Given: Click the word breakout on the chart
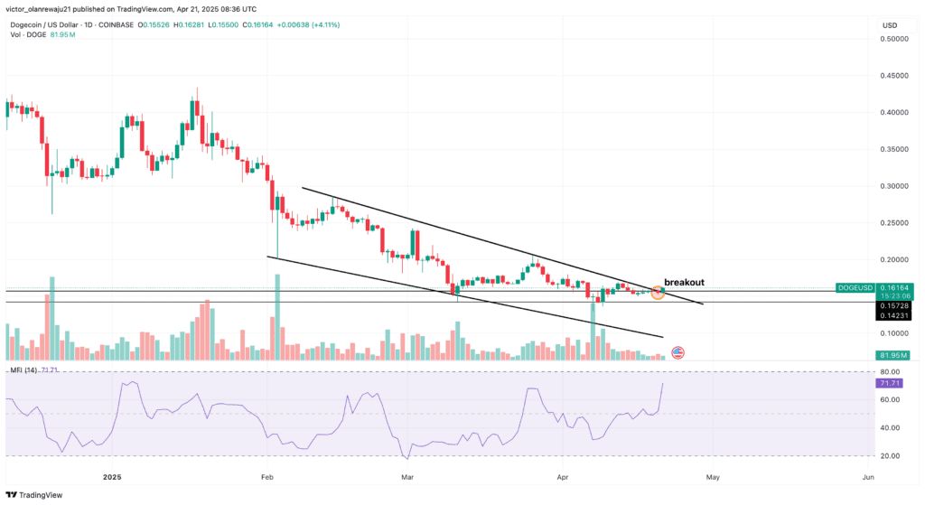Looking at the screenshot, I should click(684, 282).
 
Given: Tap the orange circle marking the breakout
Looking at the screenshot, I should click(658, 292).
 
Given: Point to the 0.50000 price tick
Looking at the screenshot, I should click(895, 39).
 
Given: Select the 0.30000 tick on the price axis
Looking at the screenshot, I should click(895, 186).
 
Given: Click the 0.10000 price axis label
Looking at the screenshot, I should click(895, 333).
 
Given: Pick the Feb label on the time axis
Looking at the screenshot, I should click(266, 476).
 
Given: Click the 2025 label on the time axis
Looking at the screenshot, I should click(112, 476).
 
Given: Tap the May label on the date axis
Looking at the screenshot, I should click(712, 476).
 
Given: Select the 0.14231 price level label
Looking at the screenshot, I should click(894, 315).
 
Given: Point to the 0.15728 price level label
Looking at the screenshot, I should click(894, 305).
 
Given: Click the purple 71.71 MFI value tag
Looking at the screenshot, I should click(888, 384).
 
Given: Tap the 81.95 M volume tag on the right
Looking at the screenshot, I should click(893, 355).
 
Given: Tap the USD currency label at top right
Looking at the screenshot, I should click(889, 24).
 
